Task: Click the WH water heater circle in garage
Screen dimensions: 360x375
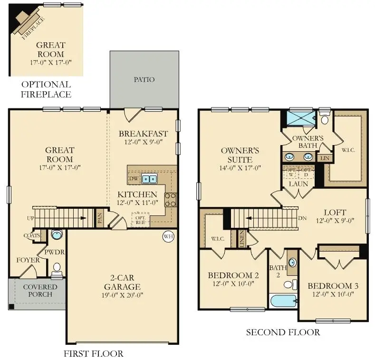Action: click(x=168, y=236)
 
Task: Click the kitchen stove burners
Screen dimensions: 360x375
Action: click(x=170, y=199)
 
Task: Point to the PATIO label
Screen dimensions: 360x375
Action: click(x=144, y=79)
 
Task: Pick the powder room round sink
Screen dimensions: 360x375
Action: click(x=57, y=234)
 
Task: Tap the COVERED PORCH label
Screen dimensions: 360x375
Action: click(x=39, y=291)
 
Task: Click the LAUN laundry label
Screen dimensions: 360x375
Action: click(x=298, y=183)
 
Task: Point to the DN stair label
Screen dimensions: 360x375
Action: click(x=302, y=219)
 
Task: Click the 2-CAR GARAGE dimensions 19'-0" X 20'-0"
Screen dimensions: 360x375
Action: click(x=123, y=295)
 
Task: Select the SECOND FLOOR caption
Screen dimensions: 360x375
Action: click(x=283, y=332)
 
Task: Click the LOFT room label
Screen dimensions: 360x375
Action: click(x=335, y=212)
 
